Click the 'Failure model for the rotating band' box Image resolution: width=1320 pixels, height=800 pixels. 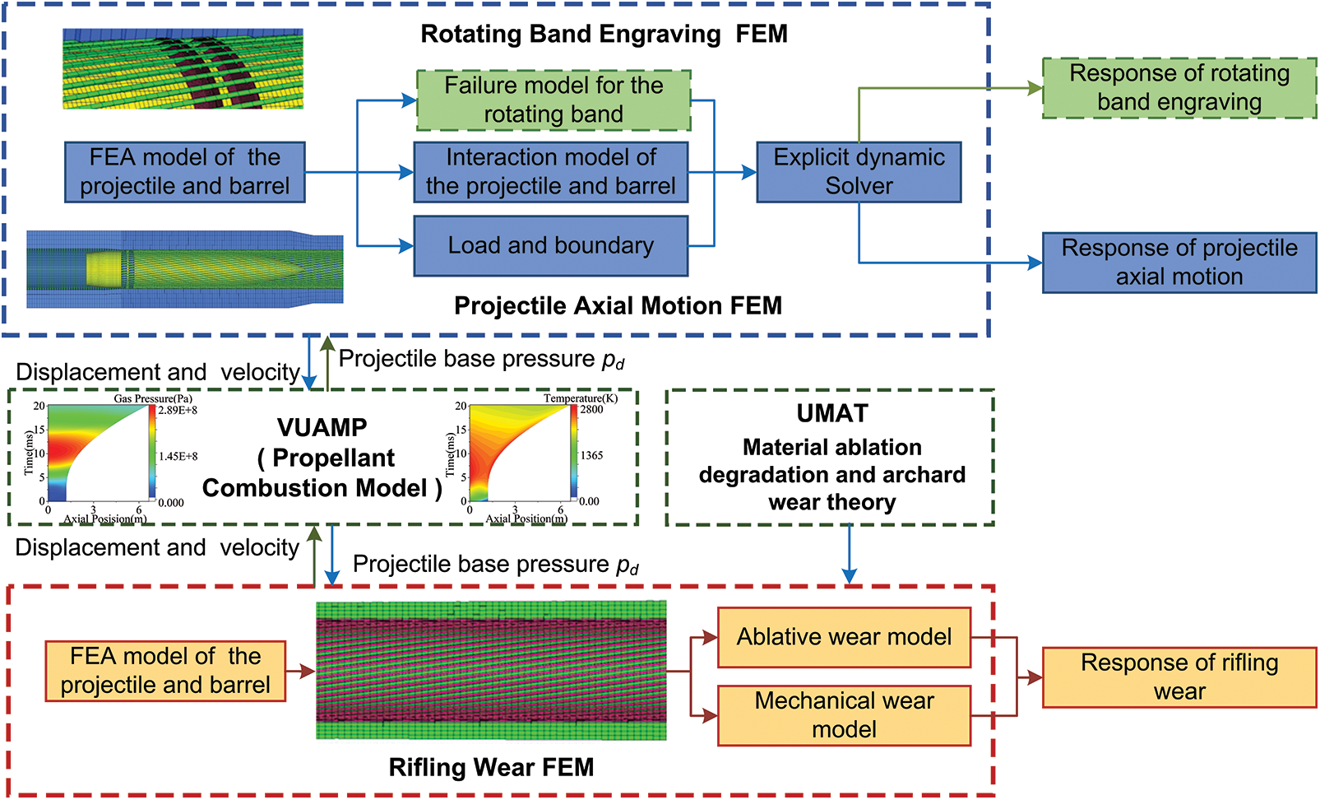point(553,100)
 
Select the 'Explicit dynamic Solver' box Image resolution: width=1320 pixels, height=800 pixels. point(859,172)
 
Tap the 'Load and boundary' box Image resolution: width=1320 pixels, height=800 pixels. point(550,245)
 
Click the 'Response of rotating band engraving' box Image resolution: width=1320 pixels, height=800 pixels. point(1179,88)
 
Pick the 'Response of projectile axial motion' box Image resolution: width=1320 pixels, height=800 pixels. point(1179,263)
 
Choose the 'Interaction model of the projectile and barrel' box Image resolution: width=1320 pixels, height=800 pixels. point(550,172)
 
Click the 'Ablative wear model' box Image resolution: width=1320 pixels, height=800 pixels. point(844,637)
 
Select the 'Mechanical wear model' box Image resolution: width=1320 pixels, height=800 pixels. point(844,715)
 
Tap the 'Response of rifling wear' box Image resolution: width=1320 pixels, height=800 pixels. point(1179,677)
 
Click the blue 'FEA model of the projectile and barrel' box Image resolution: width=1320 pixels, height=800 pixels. point(184,172)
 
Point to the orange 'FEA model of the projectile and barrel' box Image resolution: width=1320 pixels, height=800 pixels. point(165,671)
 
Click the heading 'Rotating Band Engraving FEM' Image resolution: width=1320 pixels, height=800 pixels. point(604,35)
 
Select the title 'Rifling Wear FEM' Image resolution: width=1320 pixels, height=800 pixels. point(491,768)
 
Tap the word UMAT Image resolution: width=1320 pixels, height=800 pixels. point(831,414)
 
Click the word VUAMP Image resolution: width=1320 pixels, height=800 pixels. point(322,428)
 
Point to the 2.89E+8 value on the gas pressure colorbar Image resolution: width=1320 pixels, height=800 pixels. point(178,410)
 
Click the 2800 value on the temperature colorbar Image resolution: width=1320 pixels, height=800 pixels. point(591,409)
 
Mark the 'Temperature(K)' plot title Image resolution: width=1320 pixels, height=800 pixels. point(580,398)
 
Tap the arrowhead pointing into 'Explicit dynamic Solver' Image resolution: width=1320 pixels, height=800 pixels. point(749,172)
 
